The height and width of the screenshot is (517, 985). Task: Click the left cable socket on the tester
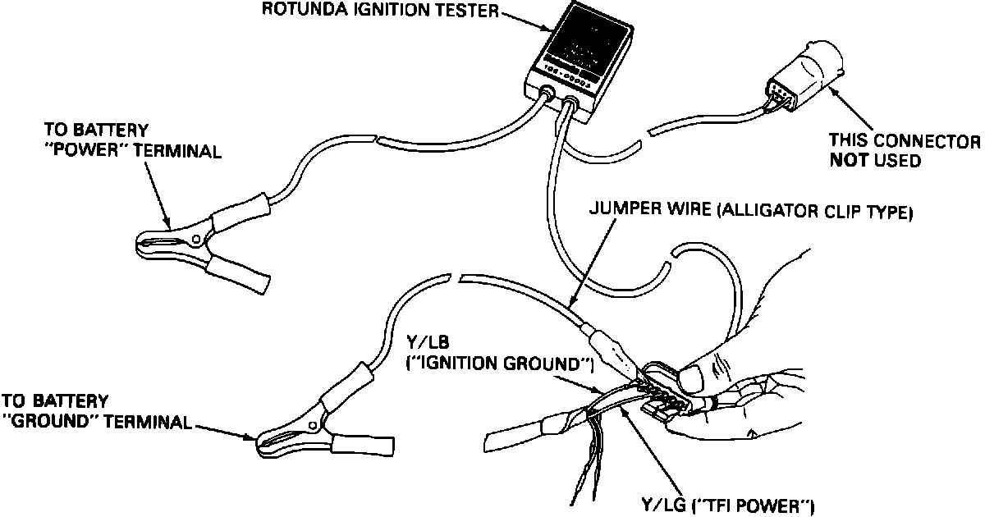[546, 93]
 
